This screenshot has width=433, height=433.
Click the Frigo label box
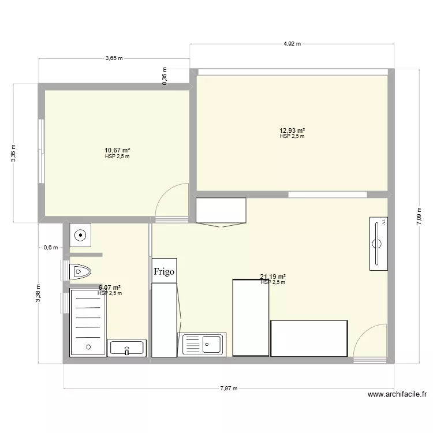pos(164,271)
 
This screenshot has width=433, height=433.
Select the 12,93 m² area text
pos(292,131)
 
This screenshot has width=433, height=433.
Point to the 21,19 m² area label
pos(273,277)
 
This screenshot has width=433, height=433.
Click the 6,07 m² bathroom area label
pos(110,288)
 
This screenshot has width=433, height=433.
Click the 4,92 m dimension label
pos(292,43)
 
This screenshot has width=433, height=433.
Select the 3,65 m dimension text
pos(114,58)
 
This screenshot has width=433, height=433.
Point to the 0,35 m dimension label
pos(165,76)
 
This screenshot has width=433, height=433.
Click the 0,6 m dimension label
pos(51,248)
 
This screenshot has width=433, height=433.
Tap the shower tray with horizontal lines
pos(88,323)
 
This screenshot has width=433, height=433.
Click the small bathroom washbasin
pos(127,348)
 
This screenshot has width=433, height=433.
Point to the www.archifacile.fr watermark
pos(397,395)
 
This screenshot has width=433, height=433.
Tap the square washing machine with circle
pos(80,235)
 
